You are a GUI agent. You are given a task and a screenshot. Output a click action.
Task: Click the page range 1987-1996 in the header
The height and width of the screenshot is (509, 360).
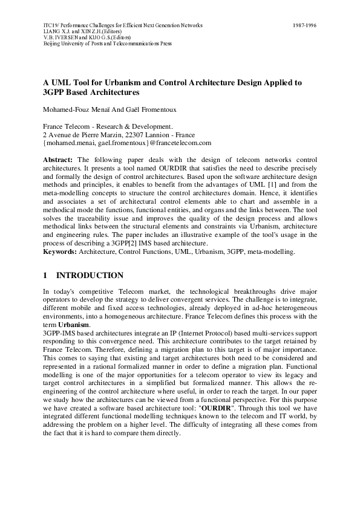(304, 25)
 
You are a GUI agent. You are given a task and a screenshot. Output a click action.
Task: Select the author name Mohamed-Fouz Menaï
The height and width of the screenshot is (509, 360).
(72, 111)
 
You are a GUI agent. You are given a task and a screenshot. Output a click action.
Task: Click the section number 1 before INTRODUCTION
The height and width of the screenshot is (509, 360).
(45, 275)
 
